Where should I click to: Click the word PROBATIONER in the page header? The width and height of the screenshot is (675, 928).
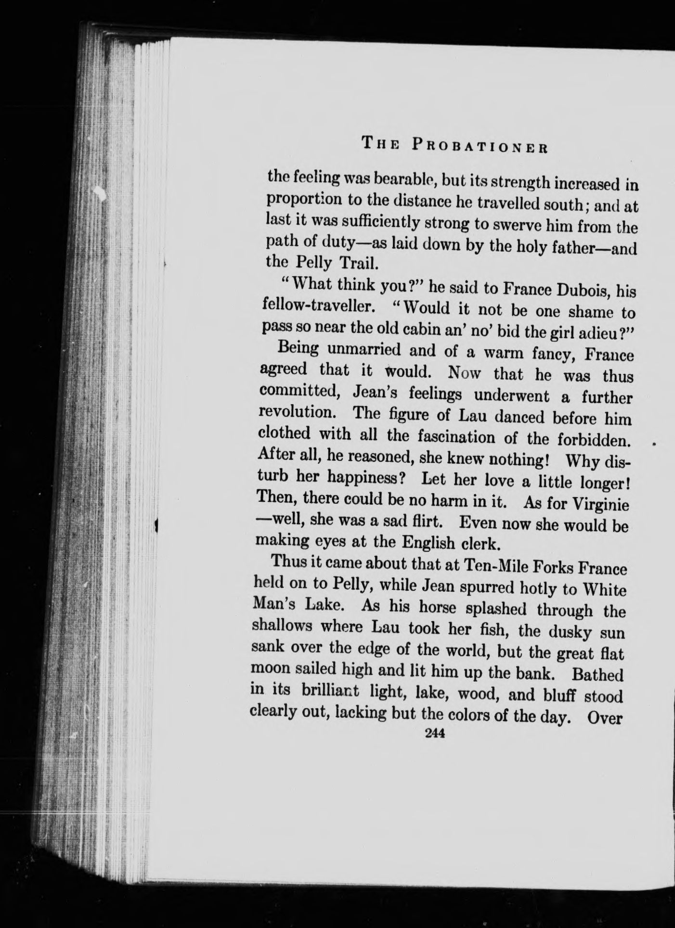coord(480,145)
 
